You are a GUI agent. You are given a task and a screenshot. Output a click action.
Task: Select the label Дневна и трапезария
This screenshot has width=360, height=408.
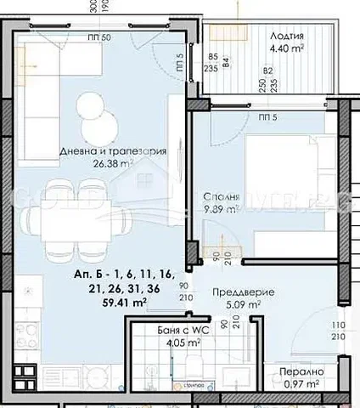(113, 151)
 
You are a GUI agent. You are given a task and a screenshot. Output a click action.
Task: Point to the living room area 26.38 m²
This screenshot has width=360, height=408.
(113, 164)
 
